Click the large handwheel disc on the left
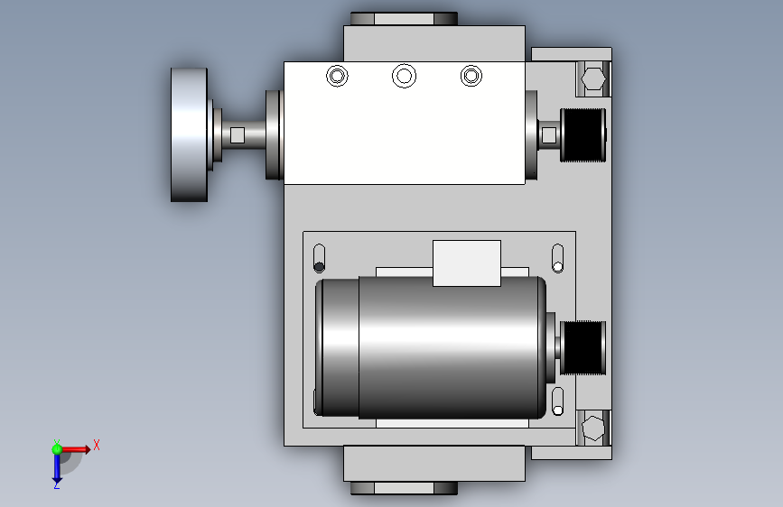click(189, 134)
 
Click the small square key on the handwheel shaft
click(238, 135)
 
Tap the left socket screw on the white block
click(337, 77)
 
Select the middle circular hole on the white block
click(404, 76)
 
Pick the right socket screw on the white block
click(471, 77)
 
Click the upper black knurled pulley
click(583, 135)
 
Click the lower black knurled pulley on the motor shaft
click(583, 348)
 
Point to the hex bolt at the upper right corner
click(593, 78)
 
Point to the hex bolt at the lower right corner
click(593, 428)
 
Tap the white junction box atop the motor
click(466, 263)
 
